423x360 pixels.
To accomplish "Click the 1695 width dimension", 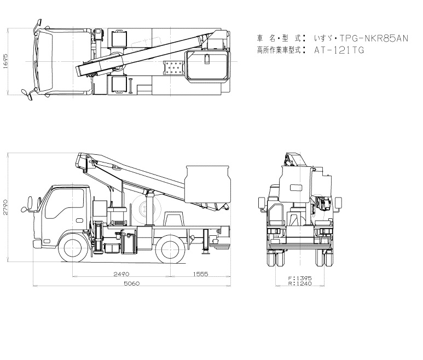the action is click(x=5, y=61).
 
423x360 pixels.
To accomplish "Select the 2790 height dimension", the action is click(x=5, y=207).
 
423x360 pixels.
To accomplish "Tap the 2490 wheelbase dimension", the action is click(x=121, y=274).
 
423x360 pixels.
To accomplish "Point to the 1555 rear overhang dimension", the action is click(x=201, y=274).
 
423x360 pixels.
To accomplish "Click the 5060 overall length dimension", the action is click(x=132, y=283).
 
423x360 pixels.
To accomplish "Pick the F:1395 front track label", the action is click(x=300, y=278).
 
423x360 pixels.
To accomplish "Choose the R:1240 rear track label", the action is click(x=300, y=283).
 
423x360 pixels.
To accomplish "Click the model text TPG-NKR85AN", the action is click(x=374, y=38).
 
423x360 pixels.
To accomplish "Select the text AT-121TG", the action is click(x=339, y=50).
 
